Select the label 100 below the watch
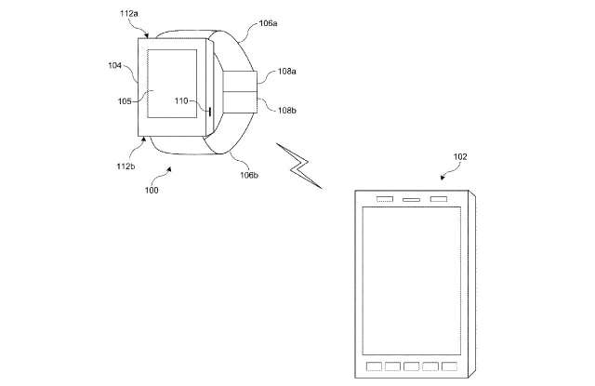[x=151, y=191]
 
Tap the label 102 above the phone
[x=459, y=157]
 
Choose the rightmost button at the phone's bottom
[x=449, y=366]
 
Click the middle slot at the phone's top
[x=411, y=200]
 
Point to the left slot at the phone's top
[x=384, y=200]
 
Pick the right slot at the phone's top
[x=438, y=200]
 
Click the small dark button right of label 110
[x=210, y=112]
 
